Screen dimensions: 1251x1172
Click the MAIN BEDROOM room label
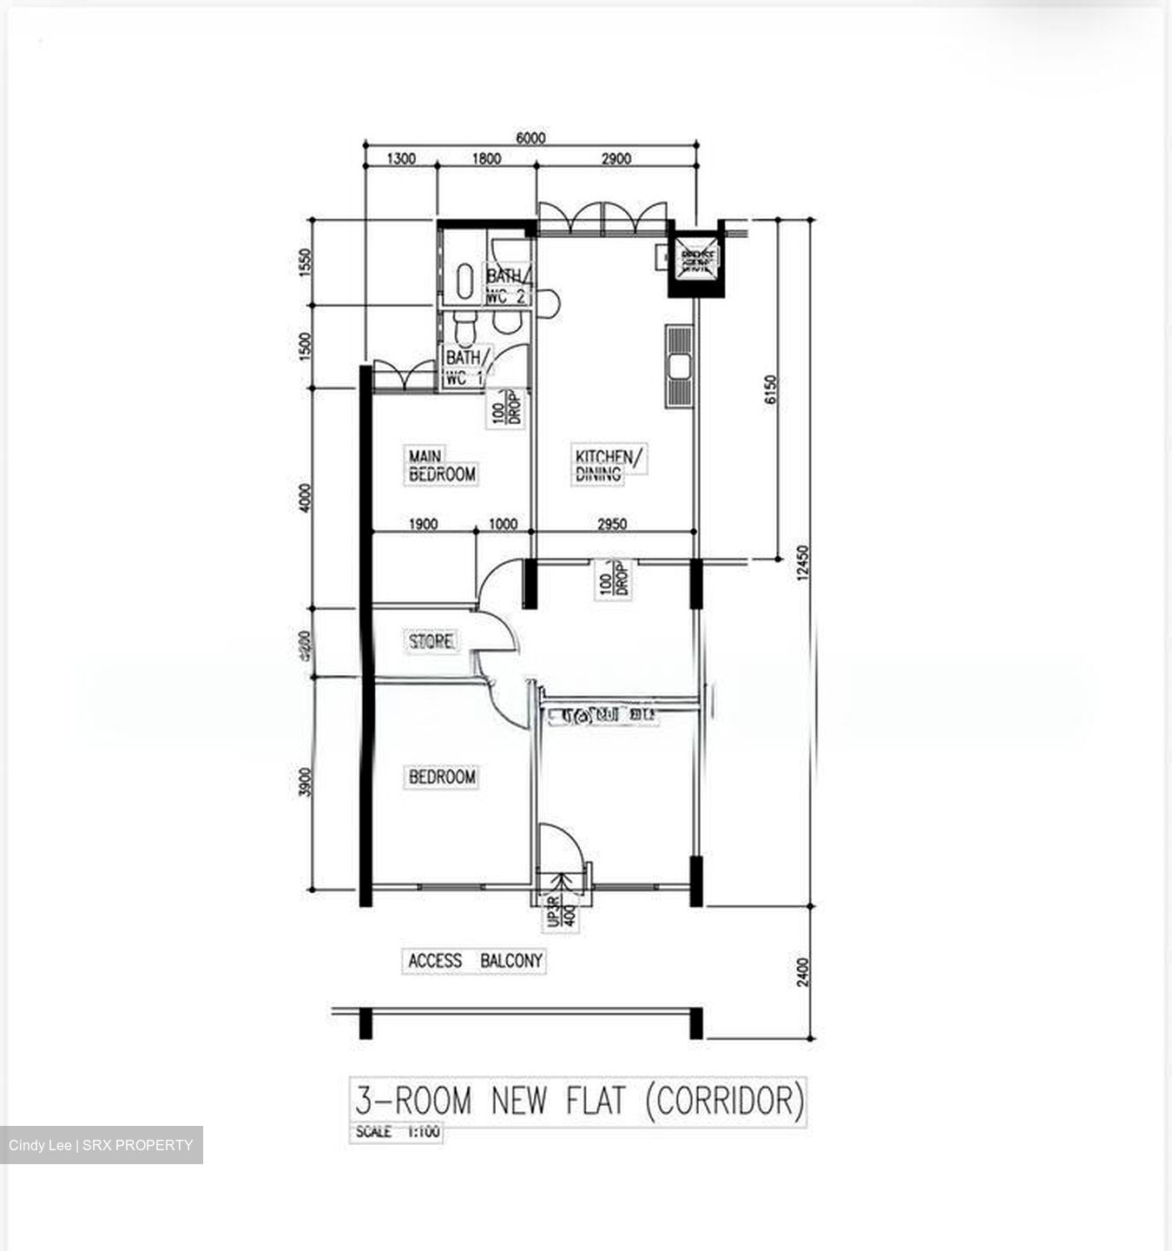(442, 466)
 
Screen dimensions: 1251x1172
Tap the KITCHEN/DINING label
(609, 464)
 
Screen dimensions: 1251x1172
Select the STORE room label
(431, 641)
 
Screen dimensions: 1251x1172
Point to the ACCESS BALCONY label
(475, 961)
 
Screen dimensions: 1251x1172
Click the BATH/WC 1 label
(466, 367)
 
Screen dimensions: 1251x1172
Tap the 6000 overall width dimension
(530, 138)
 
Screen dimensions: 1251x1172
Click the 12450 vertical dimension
(802, 563)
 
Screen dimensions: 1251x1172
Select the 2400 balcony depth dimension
(802, 971)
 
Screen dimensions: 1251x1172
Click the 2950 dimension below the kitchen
(612, 524)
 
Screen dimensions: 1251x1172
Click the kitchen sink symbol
(678, 366)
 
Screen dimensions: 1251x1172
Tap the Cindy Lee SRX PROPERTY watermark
(101, 1145)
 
